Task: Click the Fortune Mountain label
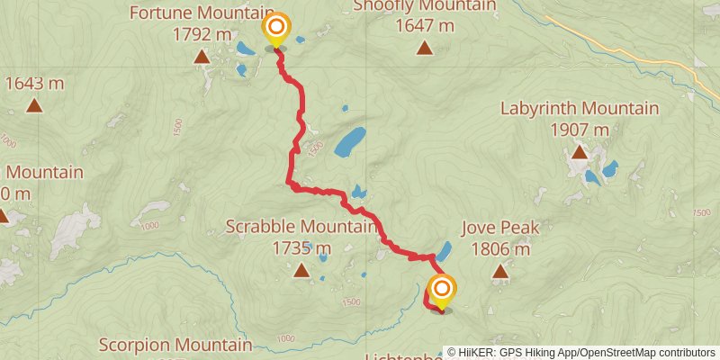202,13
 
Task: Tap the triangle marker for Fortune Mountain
202,58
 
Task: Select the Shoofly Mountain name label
424,5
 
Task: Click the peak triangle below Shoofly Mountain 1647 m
424,48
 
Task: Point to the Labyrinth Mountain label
579,109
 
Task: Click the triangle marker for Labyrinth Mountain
579,151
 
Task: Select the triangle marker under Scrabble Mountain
301,268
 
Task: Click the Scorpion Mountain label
175,345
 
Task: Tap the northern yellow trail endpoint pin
275,30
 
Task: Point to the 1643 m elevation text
34,84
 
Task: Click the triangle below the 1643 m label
34,105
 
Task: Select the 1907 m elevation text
579,130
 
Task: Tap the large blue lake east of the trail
349,140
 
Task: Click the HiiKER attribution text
585,353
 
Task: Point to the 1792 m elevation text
202,34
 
